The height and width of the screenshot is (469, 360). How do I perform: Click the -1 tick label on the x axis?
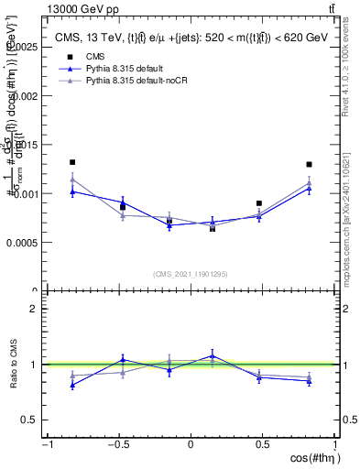[x=46, y=444]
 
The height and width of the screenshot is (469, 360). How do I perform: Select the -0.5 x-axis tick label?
[x=117, y=444]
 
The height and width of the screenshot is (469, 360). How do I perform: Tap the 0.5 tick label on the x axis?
[x=264, y=444]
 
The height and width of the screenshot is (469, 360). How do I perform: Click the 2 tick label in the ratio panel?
[x=33, y=309]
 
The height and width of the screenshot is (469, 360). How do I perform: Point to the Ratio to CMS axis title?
[x=12, y=365]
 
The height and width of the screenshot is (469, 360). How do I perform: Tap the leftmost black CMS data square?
[x=72, y=162]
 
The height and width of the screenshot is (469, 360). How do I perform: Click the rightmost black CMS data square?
[x=310, y=165]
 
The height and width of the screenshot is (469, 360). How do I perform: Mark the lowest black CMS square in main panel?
[x=213, y=228]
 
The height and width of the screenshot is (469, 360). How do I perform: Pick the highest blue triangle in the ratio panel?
[x=213, y=355]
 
